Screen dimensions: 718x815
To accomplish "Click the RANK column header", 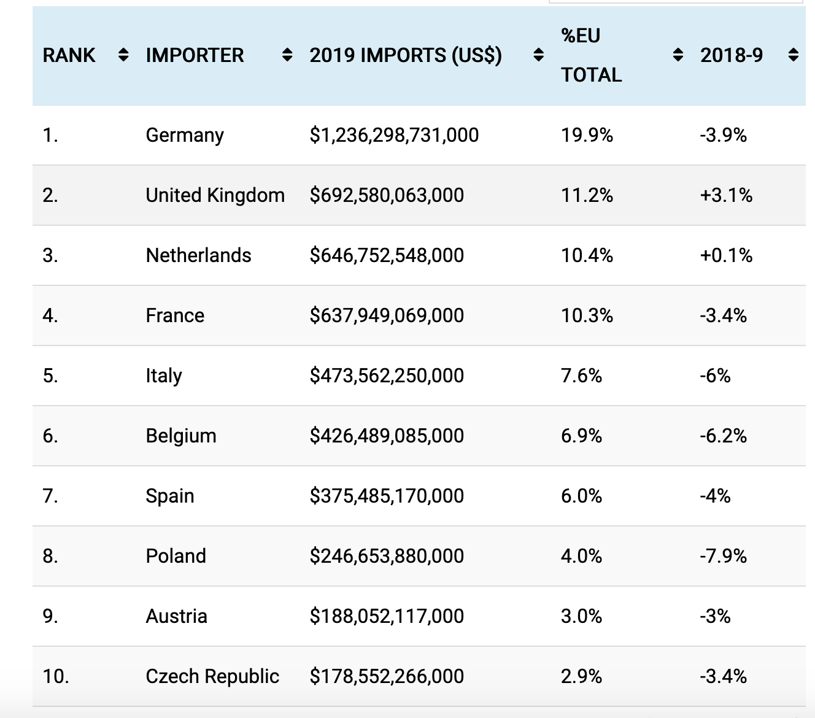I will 69,55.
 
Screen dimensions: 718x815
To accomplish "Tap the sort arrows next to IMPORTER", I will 287,55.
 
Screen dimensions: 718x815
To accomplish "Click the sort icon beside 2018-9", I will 794,55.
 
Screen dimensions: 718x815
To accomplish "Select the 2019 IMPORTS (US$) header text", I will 406,55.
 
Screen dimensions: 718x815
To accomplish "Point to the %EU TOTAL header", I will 591,55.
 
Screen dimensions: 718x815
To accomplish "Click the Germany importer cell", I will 185,135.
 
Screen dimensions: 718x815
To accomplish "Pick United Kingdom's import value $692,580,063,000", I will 387,195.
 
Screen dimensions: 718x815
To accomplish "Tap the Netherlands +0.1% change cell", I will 726,255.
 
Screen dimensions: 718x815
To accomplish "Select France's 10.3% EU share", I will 587,315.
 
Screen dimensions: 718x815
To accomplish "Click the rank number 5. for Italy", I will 50,376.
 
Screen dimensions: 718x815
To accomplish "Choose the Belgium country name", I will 181,436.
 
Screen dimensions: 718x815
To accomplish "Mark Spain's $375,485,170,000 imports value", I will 387,496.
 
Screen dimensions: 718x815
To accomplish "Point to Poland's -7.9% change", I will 723,556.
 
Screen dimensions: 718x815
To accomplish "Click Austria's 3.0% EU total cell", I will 581,616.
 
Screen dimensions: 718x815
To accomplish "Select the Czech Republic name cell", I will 212,676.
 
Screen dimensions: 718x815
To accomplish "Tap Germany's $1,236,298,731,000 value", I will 394,135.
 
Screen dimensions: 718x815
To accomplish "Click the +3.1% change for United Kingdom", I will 726,195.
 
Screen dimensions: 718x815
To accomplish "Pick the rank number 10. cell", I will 56,676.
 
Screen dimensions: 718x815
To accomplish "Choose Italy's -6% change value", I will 715,376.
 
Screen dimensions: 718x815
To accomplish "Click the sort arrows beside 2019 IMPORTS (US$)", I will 538,55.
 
